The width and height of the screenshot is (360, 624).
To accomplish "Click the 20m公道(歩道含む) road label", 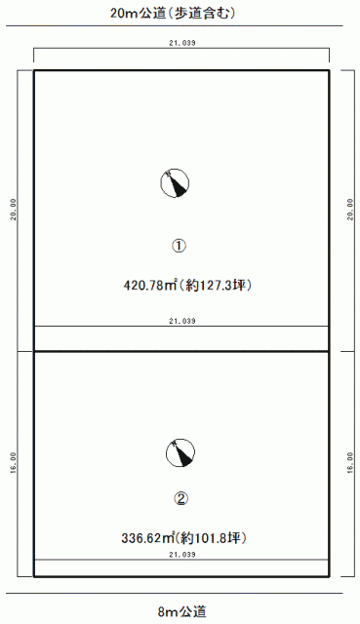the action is [x=174, y=13].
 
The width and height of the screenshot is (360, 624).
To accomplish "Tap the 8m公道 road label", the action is [x=182, y=611].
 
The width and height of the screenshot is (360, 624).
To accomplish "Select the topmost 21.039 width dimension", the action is [x=182, y=43].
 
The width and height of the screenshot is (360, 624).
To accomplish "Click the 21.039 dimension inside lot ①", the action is [x=182, y=321].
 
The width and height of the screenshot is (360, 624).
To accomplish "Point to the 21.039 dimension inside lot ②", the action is [x=182, y=555].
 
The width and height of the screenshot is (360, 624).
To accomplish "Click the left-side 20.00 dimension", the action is [x=14, y=211].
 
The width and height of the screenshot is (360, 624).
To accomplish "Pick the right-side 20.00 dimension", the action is [x=350, y=211].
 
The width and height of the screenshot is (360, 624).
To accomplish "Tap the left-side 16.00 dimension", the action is [x=14, y=463].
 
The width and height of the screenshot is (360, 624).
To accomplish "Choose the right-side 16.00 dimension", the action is [x=350, y=463].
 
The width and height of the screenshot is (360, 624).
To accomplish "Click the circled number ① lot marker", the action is [x=179, y=246].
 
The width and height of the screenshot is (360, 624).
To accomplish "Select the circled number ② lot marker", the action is [x=180, y=498].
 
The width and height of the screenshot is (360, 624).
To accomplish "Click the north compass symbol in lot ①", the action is [x=175, y=183].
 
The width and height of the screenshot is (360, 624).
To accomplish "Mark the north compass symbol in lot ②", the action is [x=180, y=452].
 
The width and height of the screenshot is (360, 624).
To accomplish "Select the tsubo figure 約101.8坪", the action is [x=214, y=538].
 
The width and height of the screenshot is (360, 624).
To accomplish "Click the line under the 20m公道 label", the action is [x=174, y=26].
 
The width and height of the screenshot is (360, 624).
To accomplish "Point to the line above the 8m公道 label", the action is [x=174, y=594].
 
